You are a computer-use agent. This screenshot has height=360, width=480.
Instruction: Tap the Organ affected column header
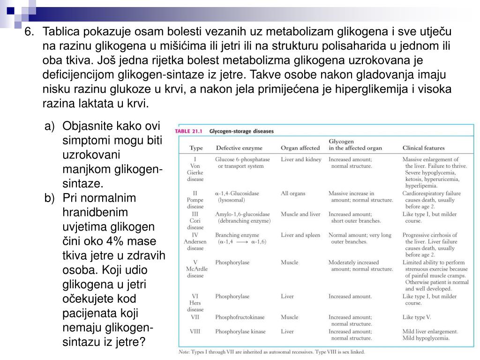click(x=300, y=148)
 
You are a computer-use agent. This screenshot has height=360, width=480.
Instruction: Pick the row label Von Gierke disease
click(x=195, y=169)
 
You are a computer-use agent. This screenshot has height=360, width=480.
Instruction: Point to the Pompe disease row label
click(x=195, y=200)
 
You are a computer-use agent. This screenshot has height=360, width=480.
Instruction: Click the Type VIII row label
click(x=195, y=331)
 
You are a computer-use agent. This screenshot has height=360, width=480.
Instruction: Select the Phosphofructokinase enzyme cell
click(x=240, y=317)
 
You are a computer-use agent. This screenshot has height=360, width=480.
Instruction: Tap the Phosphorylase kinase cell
click(x=240, y=331)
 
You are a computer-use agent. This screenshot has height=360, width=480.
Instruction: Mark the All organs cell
click(x=293, y=193)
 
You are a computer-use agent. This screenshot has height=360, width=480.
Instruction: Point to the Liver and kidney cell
click(x=301, y=159)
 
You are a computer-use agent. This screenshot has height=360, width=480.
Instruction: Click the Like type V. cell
click(x=416, y=317)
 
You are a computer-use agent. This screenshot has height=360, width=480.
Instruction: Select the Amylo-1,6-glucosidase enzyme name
click(x=242, y=214)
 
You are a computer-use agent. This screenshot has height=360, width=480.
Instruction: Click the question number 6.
click(x=29, y=32)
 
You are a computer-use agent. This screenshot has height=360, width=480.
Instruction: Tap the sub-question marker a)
click(x=50, y=127)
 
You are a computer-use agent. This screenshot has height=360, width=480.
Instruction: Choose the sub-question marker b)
click(x=50, y=198)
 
